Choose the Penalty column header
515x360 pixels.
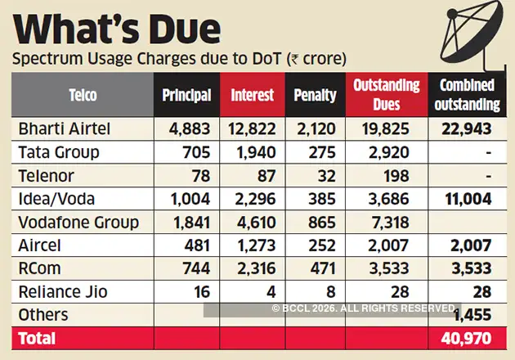[x=315, y=95]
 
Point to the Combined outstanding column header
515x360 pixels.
[x=469, y=95]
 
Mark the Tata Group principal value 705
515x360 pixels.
[x=199, y=153]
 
